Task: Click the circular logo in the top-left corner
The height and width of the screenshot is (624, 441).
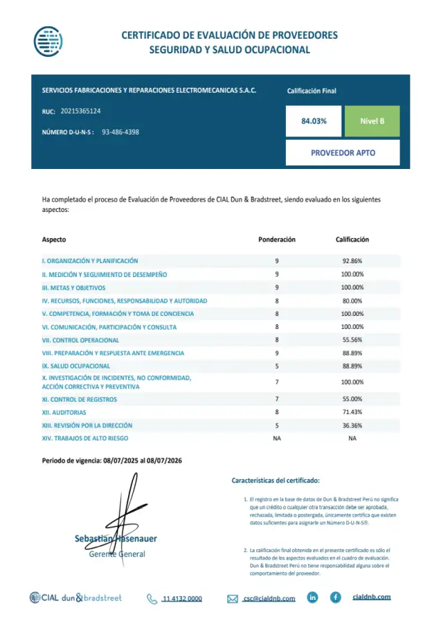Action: (x=48, y=41)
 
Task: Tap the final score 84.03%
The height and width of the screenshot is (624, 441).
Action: (x=314, y=121)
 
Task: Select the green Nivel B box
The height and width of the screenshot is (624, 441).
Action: (x=372, y=121)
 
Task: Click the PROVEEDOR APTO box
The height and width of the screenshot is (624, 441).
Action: (x=343, y=152)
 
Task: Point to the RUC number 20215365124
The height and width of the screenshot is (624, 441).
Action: (x=80, y=111)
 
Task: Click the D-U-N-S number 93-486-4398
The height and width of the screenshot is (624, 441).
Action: (x=120, y=132)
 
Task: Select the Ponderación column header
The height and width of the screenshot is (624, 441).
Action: (x=277, y=240)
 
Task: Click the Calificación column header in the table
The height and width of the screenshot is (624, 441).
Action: (x=352, y=240)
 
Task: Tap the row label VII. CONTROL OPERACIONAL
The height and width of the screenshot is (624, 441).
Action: (x=80, y=340)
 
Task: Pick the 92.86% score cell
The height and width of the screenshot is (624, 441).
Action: (x=352, y=261)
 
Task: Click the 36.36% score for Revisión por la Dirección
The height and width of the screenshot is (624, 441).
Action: (x=352, y=425)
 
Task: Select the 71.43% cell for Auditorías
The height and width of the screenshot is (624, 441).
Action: (x=352, y=412)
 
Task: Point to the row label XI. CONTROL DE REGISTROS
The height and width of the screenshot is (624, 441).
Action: (x=79, y=400)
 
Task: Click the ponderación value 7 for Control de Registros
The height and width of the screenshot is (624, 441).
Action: (x=277, y=400)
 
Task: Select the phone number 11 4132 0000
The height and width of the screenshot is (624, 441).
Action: (x=182, y=598)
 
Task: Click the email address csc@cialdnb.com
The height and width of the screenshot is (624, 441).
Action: (x=269, y=598)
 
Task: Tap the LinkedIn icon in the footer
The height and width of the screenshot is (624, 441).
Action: (x=313, y=597)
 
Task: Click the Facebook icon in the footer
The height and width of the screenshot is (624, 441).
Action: (x=335, y=597)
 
